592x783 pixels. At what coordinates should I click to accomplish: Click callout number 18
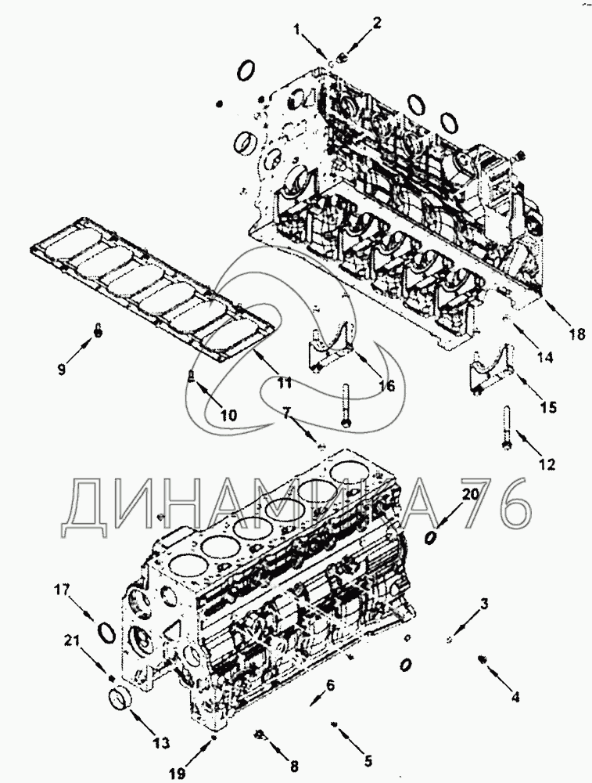pyautogui.click(x=577, y=334)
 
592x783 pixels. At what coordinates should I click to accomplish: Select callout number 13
pyautogui.click(x=162, y=742)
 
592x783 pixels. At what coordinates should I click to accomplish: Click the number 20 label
pyautogui.click(x=471, y=494)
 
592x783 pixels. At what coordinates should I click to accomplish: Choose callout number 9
pyautogui.click(x=61, y=370)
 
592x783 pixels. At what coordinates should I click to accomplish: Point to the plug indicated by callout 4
pyautogui.click(x=483, y=659)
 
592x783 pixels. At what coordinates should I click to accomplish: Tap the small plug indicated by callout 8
pyautogui.click(x=259, y=734)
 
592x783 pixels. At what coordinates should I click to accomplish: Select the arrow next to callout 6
pyautogui.click(x=318, y=696)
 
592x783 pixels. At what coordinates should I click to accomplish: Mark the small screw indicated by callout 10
pyautogui.click(x=191, y=376)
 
